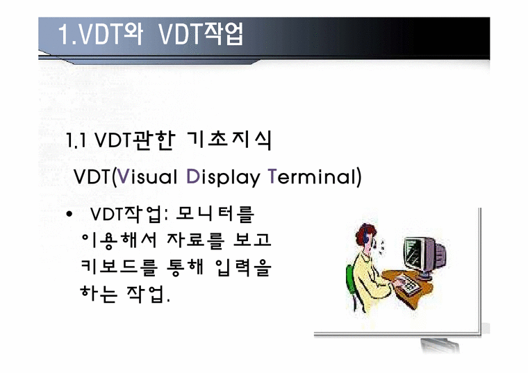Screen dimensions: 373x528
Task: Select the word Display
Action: (222, 176)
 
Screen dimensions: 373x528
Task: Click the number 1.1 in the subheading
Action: (76, 141)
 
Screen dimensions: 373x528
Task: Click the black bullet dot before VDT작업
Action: (69, 214)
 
